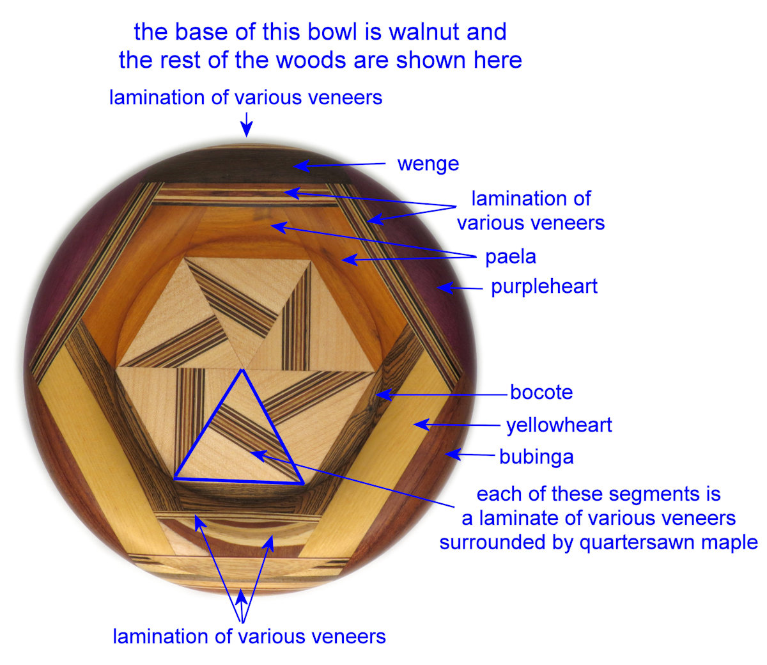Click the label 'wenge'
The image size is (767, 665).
[428, 164]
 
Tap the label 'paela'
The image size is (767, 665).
[510, 257]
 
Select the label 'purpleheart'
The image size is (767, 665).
[544, 286]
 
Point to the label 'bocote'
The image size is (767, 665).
[541, 392]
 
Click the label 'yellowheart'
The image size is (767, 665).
[559, 425]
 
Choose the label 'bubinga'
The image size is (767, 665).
[536, 457]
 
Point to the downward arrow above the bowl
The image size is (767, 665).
[246, 125]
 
